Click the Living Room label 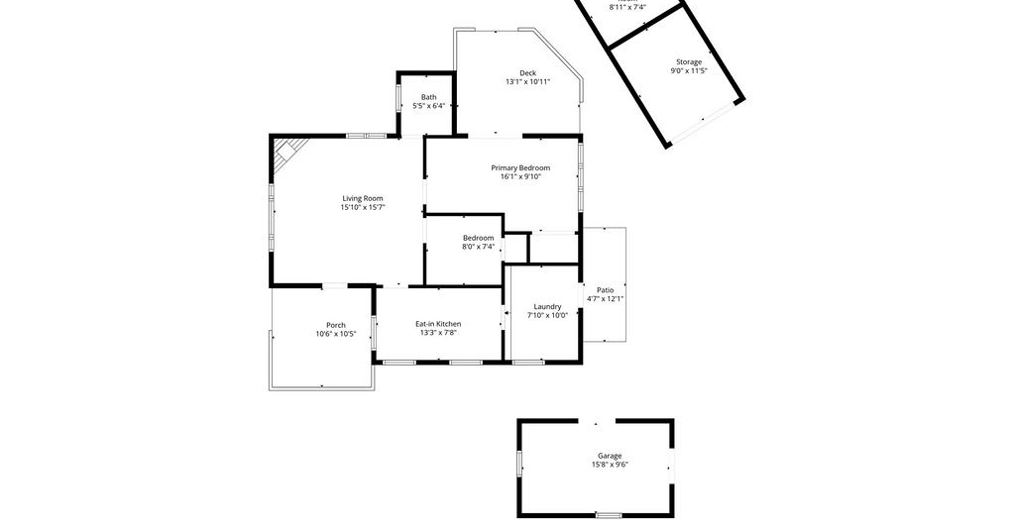click(x=363, y=198)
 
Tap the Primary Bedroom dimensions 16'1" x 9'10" click(x=519, y=176)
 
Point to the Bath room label click(x=428, y=97)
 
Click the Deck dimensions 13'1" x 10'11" click(x=527, y=82)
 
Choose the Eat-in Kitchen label click(x=438, y=324)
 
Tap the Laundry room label click(x=547, y=306)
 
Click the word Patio click(x=606, y=290)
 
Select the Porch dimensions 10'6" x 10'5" click(x=335, y=334)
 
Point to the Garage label click(x=610, y=456)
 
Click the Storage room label click(x=689, y=62)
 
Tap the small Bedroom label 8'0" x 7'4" click(x=478, y=242)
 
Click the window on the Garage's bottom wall click(x=609, y=515)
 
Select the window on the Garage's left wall click(x=519, y=463)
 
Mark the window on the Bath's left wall click(x=398, y=98)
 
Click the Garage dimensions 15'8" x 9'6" click(x=610, y=465)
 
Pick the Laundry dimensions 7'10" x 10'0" click(x=547, y=316)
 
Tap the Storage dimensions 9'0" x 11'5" click(x=689, y=70)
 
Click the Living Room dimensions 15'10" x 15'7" click(x=363, y=208)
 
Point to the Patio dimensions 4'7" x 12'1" click(x=606, y=299)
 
